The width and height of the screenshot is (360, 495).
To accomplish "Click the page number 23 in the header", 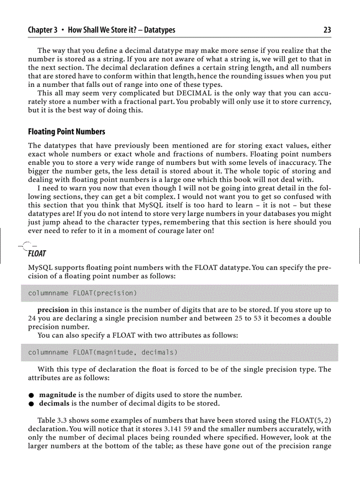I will coord(327,30).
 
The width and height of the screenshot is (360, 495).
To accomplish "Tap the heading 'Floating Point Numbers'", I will coord(67,132).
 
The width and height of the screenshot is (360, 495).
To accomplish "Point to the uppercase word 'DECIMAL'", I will coord(195,93).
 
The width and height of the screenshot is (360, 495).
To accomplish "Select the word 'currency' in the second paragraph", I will coord(314,101).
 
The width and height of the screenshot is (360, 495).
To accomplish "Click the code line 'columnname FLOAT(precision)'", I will coord(82,293).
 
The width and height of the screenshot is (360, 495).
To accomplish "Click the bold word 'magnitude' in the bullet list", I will coord(58,394).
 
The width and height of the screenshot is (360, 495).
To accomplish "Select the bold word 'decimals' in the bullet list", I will coord(55,403).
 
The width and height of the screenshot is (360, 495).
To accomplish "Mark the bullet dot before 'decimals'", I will coord(31,403).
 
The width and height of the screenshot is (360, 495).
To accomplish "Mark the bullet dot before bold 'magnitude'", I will coord(31,395).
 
